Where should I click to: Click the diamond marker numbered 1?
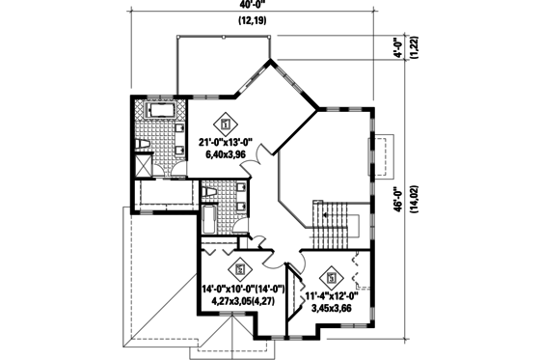point(227,124)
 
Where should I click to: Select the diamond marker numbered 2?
point(240,269)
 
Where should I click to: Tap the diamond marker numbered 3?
point(332,273)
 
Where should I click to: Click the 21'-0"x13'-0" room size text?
point(232,143)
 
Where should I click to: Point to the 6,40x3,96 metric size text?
point(228,155)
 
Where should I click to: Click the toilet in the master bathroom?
point(143,145)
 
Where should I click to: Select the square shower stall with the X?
point(143,165)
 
